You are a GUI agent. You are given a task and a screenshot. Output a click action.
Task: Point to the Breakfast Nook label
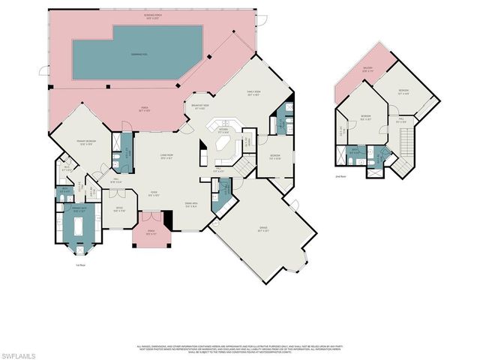(200, 107)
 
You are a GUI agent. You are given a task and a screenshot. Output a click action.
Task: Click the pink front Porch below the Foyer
(151, 237)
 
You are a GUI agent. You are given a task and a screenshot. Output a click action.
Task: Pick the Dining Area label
(190, 205)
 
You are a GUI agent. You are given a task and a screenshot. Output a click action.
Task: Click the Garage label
(264, 230)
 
